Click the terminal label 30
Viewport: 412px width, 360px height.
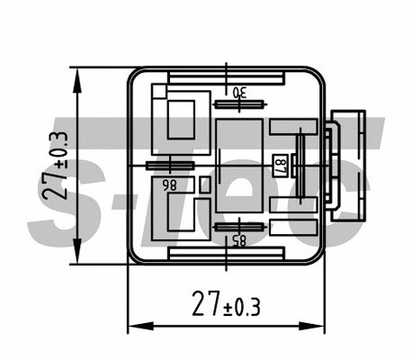(238, 93)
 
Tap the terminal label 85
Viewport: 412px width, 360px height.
(238, 241)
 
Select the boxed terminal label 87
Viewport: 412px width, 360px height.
(280, 166)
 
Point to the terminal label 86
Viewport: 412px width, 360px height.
(168, 184)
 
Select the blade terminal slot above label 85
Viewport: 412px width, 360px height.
(238, 226)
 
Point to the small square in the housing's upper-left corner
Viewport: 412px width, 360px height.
(159, 91)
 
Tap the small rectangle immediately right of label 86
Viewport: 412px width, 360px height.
(205, 184)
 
